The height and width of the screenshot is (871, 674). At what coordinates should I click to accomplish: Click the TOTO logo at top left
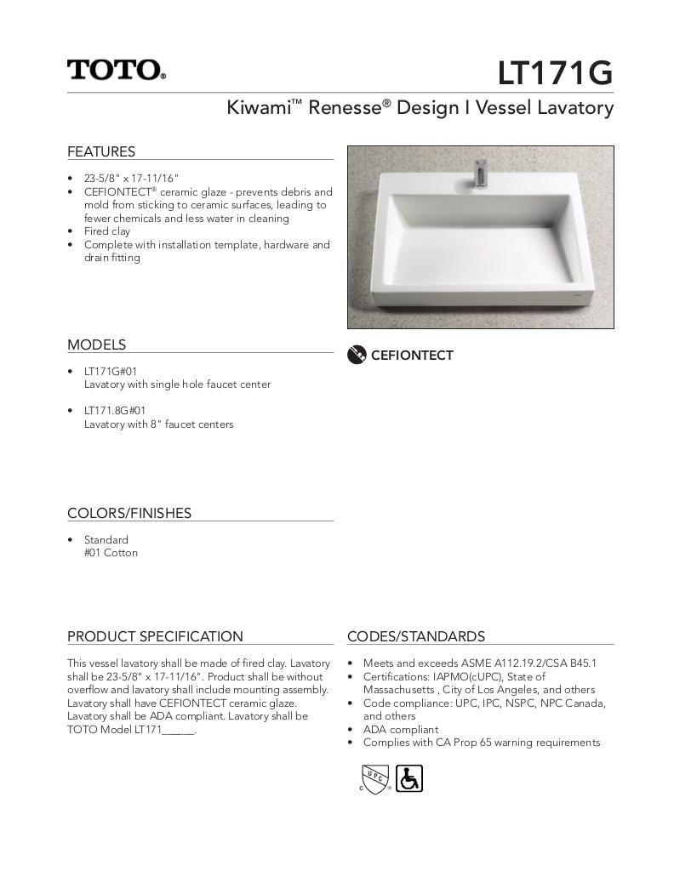tap(117, 70)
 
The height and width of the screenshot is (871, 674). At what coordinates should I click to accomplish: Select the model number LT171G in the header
tap(555, 73)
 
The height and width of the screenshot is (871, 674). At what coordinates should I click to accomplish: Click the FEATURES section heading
tap(101, 151)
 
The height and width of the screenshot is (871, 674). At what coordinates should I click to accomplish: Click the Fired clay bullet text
tap(106, 231)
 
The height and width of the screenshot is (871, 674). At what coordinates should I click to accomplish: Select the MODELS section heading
tap(96, 344)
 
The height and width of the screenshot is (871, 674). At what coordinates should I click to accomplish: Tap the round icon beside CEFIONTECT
tap(357, 356)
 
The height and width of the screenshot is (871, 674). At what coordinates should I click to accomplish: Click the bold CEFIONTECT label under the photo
tap(412, 356)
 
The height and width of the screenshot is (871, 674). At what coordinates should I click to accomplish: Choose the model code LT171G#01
tap(110, 371)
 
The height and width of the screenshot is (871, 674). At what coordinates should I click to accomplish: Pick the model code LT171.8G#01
tap(114, 410)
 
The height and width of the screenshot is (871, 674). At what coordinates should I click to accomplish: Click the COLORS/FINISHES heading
tap(129, 513)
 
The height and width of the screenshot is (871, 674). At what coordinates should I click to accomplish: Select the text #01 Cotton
tap(111, 553)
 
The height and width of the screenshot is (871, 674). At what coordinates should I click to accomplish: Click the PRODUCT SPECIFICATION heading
tap(155, 636)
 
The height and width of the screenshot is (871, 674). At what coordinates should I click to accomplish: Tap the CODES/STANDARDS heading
tap(416, 636)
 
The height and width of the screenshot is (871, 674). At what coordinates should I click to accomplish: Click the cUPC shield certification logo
tap(375, 777)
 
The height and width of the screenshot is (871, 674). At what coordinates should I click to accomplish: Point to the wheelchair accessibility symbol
tap(409, 777)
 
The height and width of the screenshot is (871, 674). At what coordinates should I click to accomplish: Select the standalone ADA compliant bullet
tap(400, 729)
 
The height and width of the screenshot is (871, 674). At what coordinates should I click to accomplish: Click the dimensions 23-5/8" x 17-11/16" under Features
tap(131, 179)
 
